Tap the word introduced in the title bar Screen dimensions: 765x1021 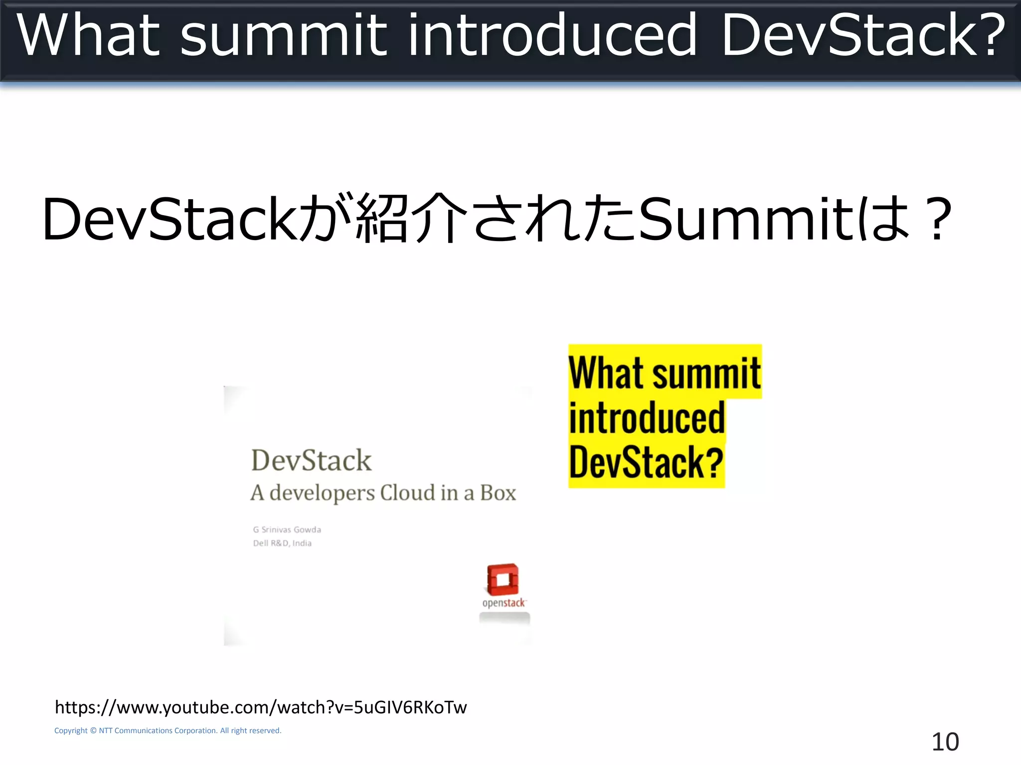(551, 35)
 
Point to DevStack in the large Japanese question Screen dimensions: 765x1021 (170, 219)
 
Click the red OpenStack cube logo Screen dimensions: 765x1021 (503, 579)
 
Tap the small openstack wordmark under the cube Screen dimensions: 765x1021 (504, 603)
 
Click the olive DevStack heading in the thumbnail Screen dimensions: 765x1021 (311, 460)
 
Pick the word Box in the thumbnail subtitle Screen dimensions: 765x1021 (498, 493)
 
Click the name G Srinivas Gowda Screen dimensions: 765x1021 (287, 529)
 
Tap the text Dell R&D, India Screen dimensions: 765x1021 (282, 543)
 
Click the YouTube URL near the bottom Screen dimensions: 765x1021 (261, 707)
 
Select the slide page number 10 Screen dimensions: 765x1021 (945, 742)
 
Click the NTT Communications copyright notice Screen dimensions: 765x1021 (168, 731)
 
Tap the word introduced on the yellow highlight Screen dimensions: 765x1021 (647, 418)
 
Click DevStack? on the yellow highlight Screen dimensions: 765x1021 (646, 462)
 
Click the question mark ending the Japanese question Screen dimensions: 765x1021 (937, 219)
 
